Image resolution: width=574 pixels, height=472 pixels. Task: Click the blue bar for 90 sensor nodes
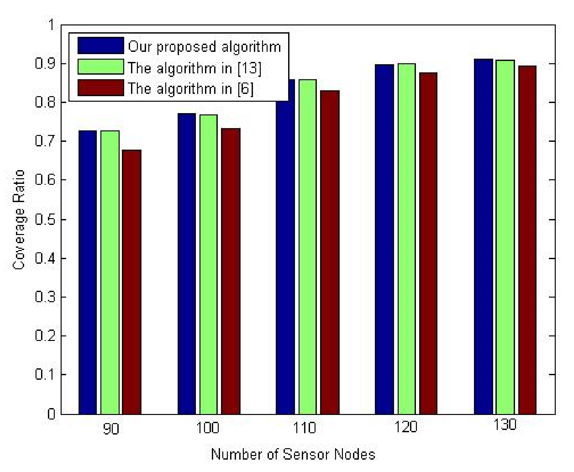click(x=88, y=272)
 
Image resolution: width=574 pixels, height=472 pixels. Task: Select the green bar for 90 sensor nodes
click(x=110, y=272)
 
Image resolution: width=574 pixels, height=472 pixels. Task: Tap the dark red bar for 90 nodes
click(x=132, y=282)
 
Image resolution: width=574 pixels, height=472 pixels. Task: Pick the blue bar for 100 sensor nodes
click(x=187, y=264)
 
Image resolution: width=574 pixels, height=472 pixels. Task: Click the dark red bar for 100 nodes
click(x=230, y=271)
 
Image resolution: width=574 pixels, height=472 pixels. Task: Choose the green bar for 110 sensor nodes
click(x=307, y=247)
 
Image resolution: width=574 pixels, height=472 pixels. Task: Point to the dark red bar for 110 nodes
click(x=330, y=252)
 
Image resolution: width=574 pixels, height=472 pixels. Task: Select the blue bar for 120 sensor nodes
click(x=384, y=240)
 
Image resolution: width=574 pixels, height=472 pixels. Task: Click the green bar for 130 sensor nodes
click(x=505, y=237)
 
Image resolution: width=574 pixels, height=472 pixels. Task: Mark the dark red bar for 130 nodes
click(x=527, y=240)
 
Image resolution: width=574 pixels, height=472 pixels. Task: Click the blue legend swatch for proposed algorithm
click(x=101, y=46)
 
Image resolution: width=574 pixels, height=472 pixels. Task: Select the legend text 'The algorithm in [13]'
click(x=195, y=68)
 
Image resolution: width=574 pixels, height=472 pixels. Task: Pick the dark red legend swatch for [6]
click(x=101, y=88)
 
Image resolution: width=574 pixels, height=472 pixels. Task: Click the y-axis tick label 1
click(x=51, y=25)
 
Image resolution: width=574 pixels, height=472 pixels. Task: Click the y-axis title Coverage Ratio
click(x=19, y=219)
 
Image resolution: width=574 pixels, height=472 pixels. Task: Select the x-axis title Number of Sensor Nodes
click(x=293, y=454)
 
